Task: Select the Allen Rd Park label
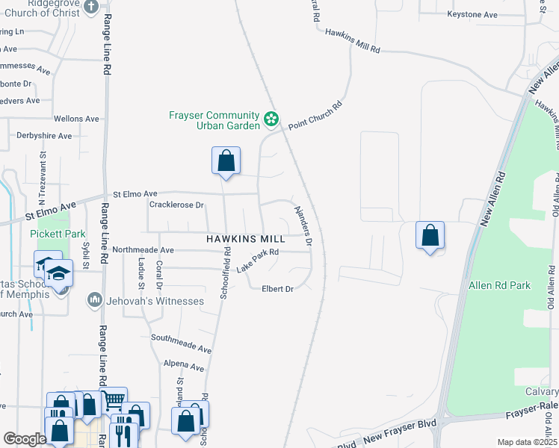498,285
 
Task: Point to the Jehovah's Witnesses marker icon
94,300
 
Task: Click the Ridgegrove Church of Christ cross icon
91,7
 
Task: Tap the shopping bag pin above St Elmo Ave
226,161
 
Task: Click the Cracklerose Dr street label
177,205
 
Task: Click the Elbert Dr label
277,289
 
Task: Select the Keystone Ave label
472,15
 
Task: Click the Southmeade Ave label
182,344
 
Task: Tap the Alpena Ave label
184,367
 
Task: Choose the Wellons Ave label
76,119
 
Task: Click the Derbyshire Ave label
44,136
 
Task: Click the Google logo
25,439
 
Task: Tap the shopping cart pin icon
114,400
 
